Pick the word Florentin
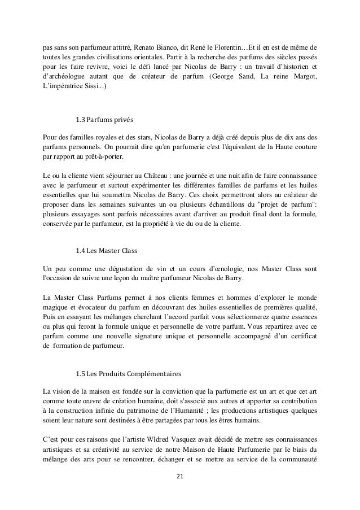233,45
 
